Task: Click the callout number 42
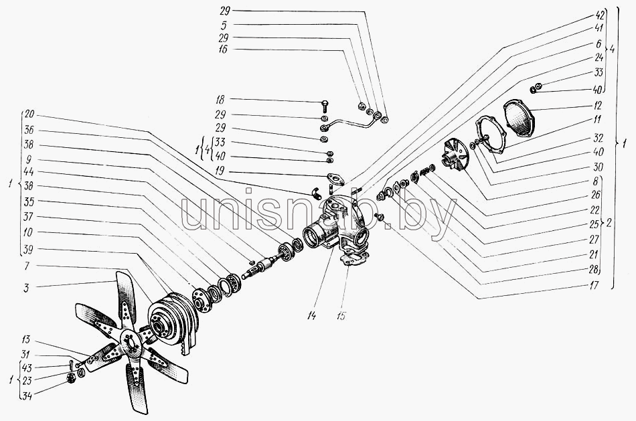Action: tap(601, 15)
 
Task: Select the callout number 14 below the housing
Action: tap(311, 315)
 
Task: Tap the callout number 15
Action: tap(341, 315)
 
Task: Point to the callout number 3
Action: tap(27, 288)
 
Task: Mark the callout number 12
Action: tap(599, 106)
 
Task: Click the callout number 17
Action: tap(594, 285)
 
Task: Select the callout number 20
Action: tap(29, 114)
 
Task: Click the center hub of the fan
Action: tap(130, 341)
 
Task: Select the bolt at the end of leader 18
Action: tap(325, 105)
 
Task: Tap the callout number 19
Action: tap(220, 171)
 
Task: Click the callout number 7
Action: tap(27, 266)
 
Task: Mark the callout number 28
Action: tap(594, 270)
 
